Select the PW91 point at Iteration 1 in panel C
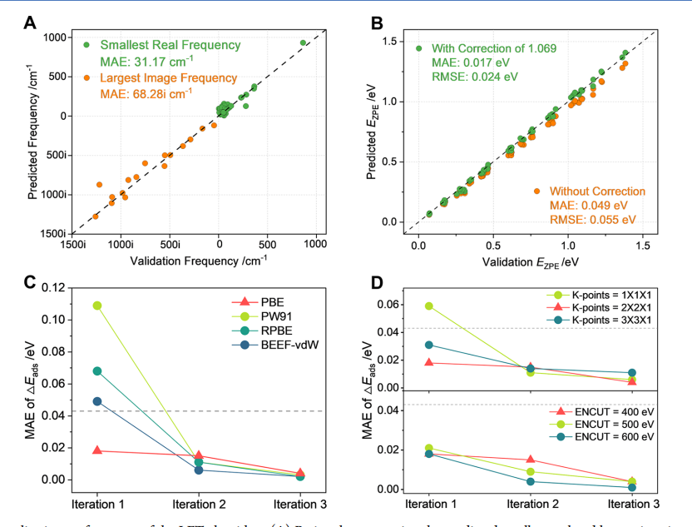[x=97, y=306]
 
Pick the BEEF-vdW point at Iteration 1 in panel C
[x=97, y=401]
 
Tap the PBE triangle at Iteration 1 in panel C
[x=97, y=450]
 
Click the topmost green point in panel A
[x=304, y=43]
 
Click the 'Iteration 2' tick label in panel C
[x=198, y=503]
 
